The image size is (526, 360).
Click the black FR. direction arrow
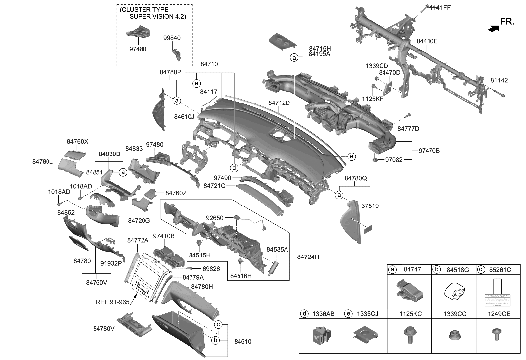493,29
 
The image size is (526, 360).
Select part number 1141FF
440,7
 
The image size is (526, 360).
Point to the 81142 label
499,79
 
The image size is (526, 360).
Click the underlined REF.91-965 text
113,301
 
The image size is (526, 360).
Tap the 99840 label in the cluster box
172,37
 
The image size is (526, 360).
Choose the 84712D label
279,103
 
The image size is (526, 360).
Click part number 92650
216,217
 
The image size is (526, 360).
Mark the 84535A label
277,250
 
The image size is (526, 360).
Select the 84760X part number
77,142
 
